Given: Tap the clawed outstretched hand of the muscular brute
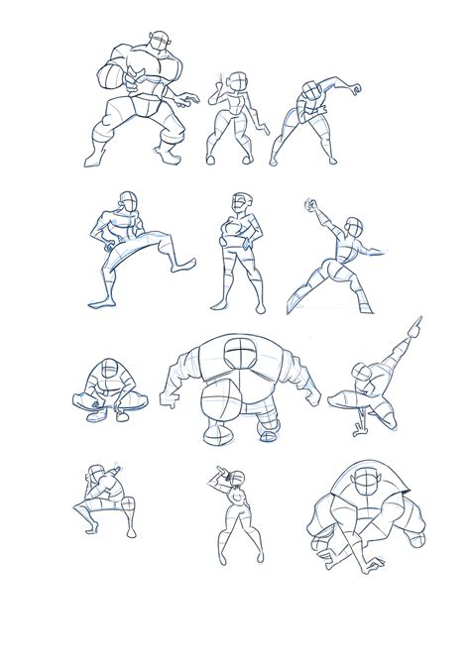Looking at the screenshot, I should [x=189, y=100].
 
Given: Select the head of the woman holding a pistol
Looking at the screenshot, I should [x=238, y=80].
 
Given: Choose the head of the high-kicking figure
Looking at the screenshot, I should [x=126, y=199].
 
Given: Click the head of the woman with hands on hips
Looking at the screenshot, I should [x=241, y=204].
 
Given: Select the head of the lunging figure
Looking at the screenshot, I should [x=349, y=232].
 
